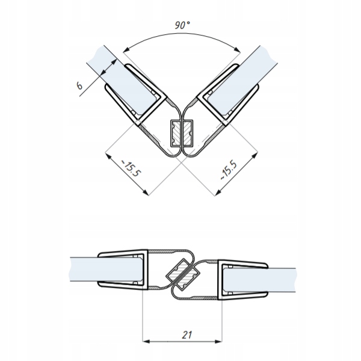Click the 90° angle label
click(x=181, y=25)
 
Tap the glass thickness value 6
click(x=79, y=85)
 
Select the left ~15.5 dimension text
click(x=132, y=170)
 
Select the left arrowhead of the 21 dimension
click(x=145, y=340)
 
